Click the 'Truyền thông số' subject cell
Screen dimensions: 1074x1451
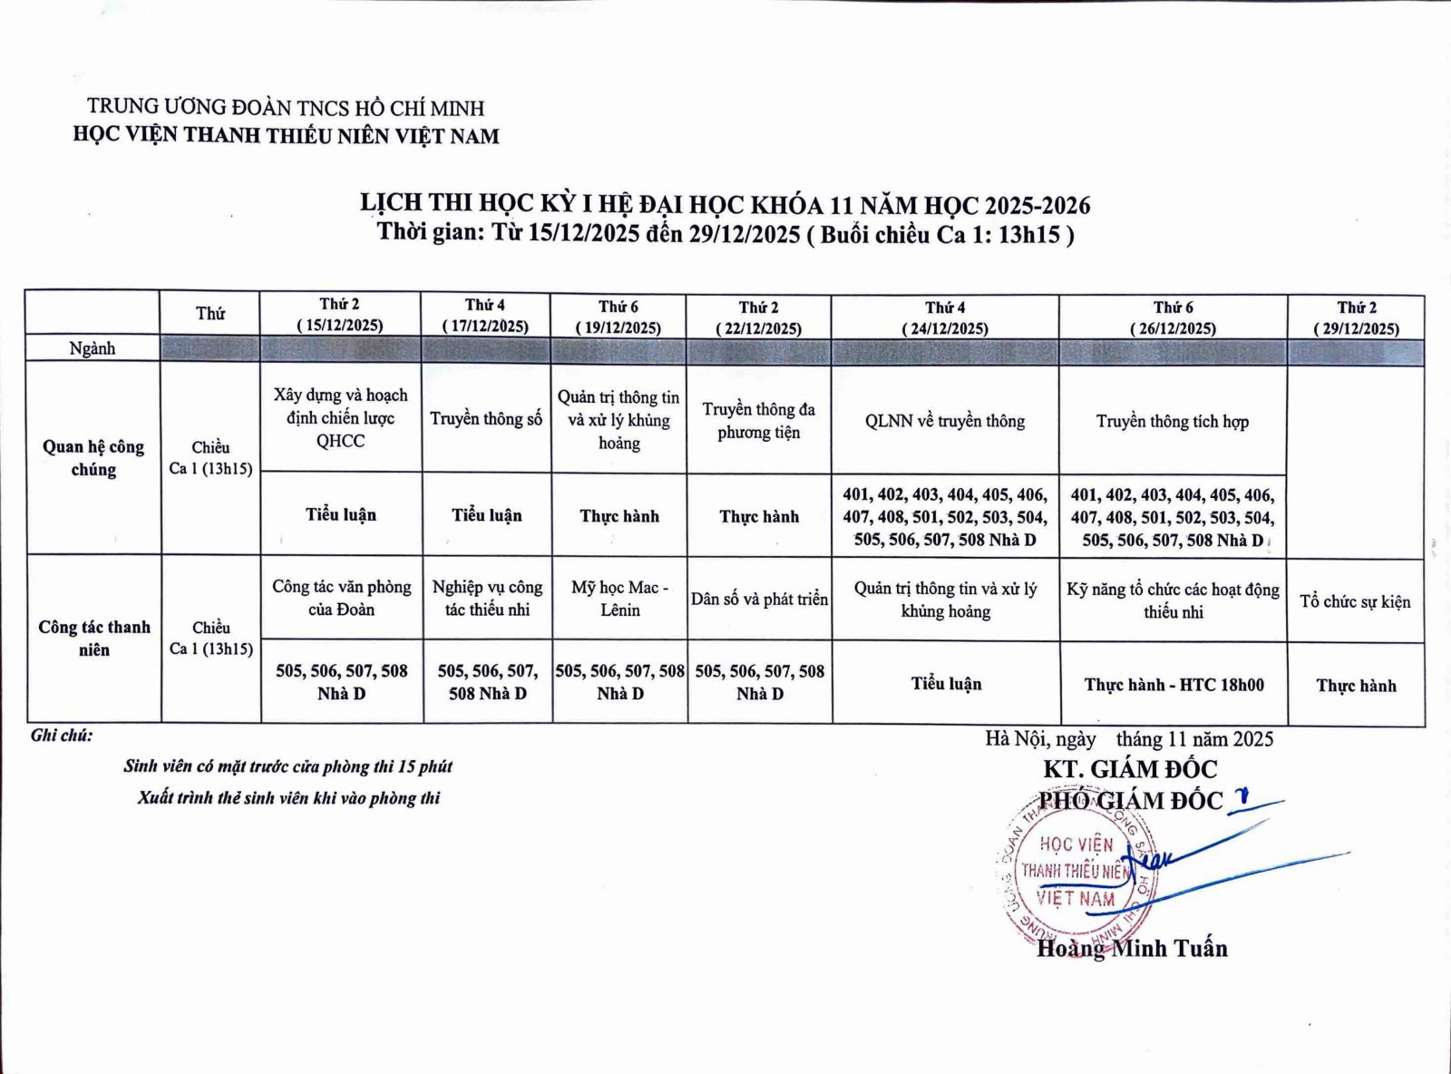click(486, 418)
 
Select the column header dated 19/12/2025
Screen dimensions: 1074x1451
click(618, 317)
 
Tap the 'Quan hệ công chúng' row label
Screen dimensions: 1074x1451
click(93, 457)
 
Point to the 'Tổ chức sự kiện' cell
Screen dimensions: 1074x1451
click(1355, 601)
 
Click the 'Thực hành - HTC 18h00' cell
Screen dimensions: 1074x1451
click(1173, 685)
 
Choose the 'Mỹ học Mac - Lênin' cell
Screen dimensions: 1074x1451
click(619, 599)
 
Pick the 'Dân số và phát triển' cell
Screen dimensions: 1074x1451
click(759, 599)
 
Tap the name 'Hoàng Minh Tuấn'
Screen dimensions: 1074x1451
click(1132, 949)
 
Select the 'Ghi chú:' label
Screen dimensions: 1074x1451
click(62, 736)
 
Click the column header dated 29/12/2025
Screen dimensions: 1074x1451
click(1356, 317)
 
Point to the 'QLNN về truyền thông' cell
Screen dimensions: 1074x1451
click(945, 421)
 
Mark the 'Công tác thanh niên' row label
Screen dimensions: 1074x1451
click(94, 638)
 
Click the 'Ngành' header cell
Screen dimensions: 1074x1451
click(93, 348)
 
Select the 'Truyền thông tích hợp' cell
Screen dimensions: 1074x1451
click(1172, 421)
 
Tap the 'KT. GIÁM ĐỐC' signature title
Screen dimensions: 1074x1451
click(1129, 769)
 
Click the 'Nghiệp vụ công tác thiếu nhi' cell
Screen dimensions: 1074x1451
click(487, 599)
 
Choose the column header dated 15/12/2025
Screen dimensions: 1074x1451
click(340, 315)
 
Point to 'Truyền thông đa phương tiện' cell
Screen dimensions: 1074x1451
click(758, 420)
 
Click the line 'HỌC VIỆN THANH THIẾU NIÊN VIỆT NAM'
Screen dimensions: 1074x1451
click(286, 136)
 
